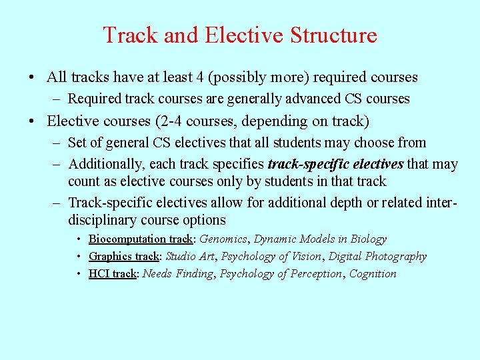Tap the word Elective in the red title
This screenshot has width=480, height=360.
coord(230,35)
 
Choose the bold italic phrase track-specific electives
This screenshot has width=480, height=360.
coord(335,164)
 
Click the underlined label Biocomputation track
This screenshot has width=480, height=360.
coord(141,239)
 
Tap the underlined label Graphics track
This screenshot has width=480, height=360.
coord(124,256)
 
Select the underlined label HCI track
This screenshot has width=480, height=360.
coord(112,273)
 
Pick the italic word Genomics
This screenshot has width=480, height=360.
coord(223,239)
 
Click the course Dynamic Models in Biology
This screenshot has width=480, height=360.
coord(320,239)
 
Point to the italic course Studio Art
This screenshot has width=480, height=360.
coord(190,256)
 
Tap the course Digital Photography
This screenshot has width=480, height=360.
coord(378,256)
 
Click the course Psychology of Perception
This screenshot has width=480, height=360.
coord(280,273)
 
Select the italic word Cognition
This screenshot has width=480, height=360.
coord(373,273)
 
